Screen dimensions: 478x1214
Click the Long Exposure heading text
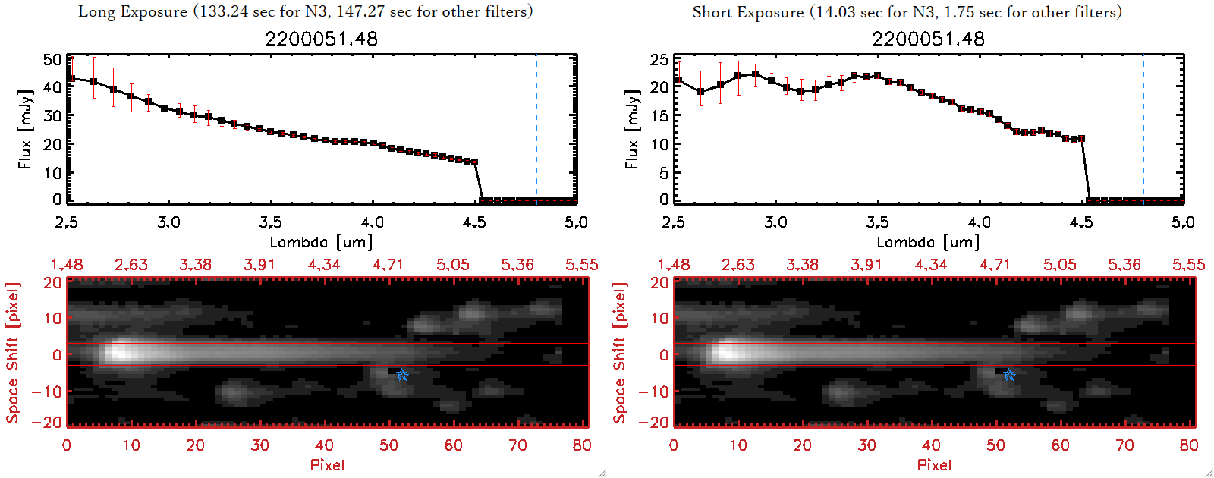pos(305,11)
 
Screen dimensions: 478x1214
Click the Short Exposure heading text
pos(907,12)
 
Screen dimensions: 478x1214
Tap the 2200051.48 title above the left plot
pos(321,39)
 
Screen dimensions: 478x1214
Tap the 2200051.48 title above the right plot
pos(928,39)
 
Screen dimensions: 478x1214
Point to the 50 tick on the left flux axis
pos(52,60)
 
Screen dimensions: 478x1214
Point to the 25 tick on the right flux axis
pos(659,60)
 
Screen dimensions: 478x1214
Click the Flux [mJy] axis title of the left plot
pos(25,130)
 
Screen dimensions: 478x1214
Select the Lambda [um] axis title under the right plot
pos(928,242)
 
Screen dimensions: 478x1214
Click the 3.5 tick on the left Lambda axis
pos(270,222)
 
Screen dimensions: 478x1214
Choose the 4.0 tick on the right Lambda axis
pos(980,222)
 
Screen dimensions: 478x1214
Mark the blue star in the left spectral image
pos(402,375)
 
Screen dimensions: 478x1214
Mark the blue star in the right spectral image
pos(1009,375)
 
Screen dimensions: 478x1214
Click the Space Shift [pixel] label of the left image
pos(12,353)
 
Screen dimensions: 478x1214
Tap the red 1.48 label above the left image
pos(67,265)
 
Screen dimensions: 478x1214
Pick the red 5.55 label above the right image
pos(1188,265)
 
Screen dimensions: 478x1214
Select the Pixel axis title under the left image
pos(327,464)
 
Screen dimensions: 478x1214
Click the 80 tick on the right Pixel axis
pos(1189,445)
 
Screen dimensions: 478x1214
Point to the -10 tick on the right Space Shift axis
pos(653,392)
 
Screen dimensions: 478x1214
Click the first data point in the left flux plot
pos(71,78)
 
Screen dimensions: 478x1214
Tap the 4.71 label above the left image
pos(388,265)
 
